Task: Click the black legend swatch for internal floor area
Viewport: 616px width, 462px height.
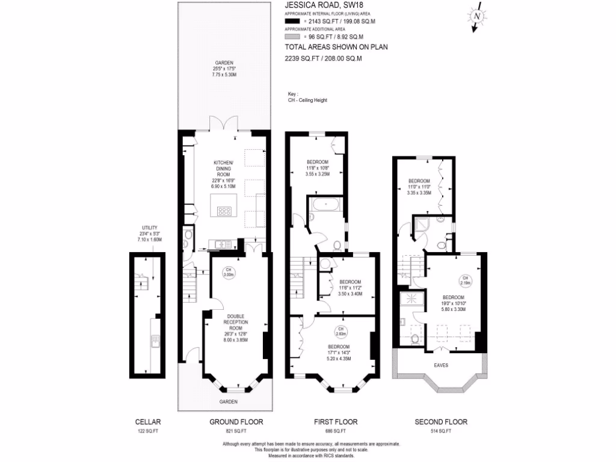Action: click(x=292, y=22)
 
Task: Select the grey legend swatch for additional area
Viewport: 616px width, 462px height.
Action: click(x=292, y=37)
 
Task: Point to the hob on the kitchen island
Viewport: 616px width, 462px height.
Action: click(x=224, y=211)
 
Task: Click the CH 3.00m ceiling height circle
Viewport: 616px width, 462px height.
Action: click(x=228, y=272)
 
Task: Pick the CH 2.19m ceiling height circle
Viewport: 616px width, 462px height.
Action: click(x=465, y=280)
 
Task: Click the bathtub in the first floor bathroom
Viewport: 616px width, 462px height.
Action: click(x=325, y=205)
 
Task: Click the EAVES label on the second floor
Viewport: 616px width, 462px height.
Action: click(x=441, y=365)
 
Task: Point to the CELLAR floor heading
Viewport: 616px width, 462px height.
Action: click(x=148, y=422)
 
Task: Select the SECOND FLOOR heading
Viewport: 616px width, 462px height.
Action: click(x=441, y=422)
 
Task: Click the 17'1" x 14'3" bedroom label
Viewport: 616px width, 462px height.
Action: click(x=339, y=353)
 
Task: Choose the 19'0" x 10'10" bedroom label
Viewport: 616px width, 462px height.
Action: click(x=454, y=303)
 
